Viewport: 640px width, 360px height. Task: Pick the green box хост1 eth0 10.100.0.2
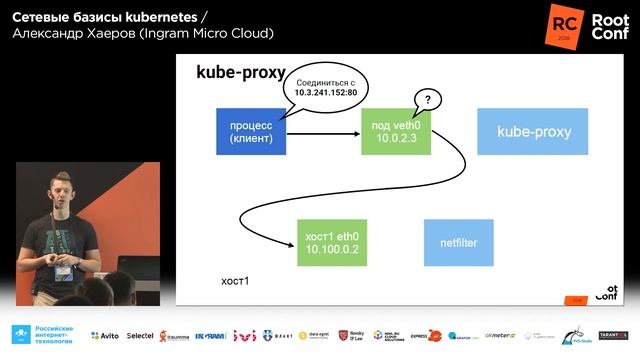(331, 241)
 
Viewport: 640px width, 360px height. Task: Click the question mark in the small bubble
(428, 100)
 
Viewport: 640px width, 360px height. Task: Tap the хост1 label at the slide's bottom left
(234, 281)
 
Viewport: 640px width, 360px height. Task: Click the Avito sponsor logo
(103, 336)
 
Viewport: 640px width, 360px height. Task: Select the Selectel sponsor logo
(146, 336)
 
